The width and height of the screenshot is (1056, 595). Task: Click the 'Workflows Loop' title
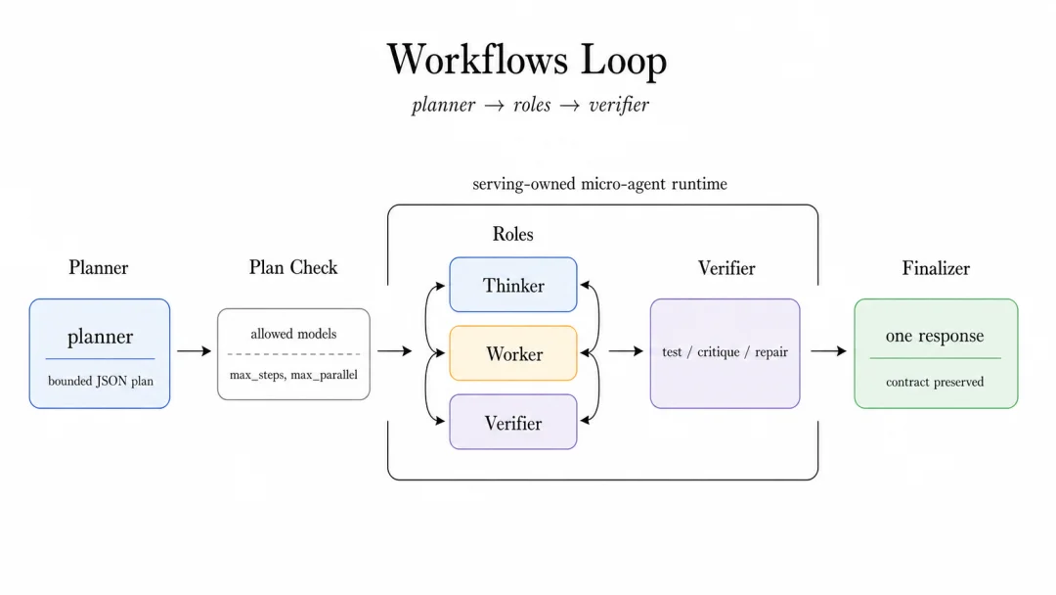(x=527, y=60)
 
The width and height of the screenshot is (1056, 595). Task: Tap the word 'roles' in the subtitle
(x=532, y=105)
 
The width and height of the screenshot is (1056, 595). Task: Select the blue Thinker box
(x=513, y=285)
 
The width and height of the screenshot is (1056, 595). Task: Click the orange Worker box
(x=513, y=353)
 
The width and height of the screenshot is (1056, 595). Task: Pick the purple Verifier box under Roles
(x=513, y=422)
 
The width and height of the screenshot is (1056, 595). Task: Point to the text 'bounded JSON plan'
(x=101, y=382)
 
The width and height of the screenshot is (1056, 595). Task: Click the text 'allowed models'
(x=293, y=334)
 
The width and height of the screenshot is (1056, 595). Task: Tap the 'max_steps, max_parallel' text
(x=293, y=375)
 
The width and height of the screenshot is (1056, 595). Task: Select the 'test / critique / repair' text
(x=725, y=351)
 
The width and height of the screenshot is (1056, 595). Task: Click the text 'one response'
(x=935, y=336)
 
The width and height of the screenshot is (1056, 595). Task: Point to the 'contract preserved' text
(x=935, y=382)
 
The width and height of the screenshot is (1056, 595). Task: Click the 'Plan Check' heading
(x=293, y=267)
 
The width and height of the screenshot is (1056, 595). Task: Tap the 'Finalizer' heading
(x=936, y=268)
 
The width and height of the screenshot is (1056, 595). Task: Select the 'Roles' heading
(x=513, y=234)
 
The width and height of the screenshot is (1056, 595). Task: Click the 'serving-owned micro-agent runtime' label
(x=599, y=184)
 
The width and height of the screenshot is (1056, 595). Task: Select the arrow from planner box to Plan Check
(x=194, y=351)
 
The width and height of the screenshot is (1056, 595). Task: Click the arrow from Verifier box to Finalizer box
(x=828, y=351)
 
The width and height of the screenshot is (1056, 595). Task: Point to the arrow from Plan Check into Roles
(x=395, y=351)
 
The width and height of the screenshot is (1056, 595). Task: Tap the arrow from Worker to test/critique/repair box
(x=626, y=351)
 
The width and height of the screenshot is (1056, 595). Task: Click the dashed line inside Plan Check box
(x=293, y=353)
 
